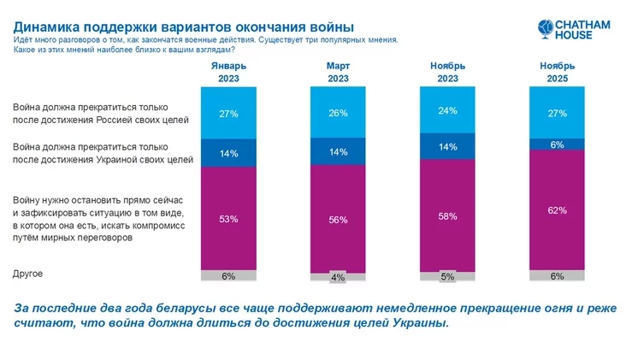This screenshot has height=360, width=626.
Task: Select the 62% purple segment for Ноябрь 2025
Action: [558, 209]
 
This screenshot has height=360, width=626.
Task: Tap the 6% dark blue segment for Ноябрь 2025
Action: [558, 145]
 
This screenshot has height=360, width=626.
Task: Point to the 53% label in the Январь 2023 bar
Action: [228, 219]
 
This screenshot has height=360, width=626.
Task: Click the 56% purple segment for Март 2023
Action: [337, 220]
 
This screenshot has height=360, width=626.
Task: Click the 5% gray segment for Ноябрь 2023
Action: [447, 276]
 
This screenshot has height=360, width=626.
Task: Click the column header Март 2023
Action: [337, 72]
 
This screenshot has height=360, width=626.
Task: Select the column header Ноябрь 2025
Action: [558, 72]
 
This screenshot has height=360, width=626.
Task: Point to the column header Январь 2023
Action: [228, 72]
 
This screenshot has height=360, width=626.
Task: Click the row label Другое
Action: [28, 274]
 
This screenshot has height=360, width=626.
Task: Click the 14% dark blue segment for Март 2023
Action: [337, 151]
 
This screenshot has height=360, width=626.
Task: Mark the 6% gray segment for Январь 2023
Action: [228, 275]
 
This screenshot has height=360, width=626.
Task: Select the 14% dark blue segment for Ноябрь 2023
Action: [447, 147]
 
